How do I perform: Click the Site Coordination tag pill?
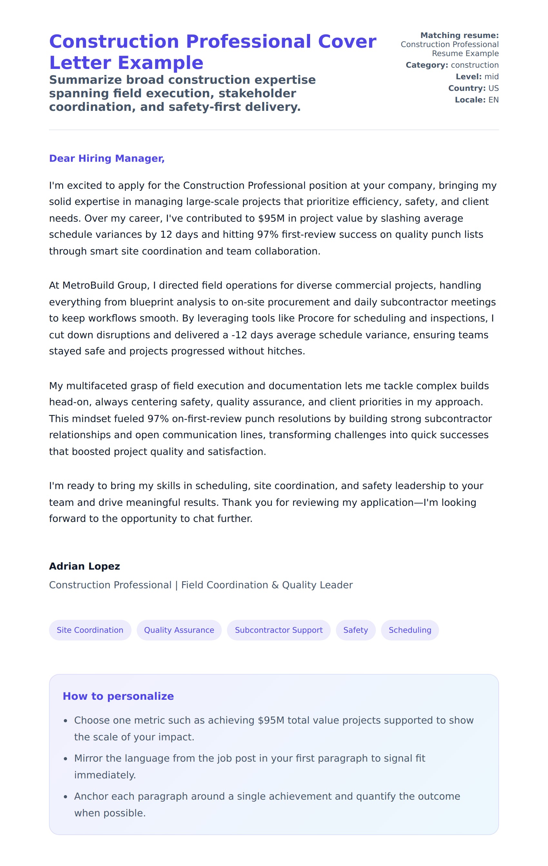tap(90, 630)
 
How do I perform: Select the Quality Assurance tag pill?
tap(179, 630)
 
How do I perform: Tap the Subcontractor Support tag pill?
tap(279, 630)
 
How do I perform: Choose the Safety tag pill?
tap(356, 630)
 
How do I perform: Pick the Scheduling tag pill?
tap(410, 630)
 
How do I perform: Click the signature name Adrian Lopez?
tap(84, 566)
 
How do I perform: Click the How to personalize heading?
tap(118, 696)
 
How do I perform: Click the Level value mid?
tap(491, 77)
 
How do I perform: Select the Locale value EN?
tap(493, 100)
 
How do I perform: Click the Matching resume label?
tap(459, 35)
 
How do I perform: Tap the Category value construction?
tap(475, 65)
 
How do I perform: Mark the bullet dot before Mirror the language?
tap(65, 759)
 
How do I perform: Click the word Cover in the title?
tap(347, 42)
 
